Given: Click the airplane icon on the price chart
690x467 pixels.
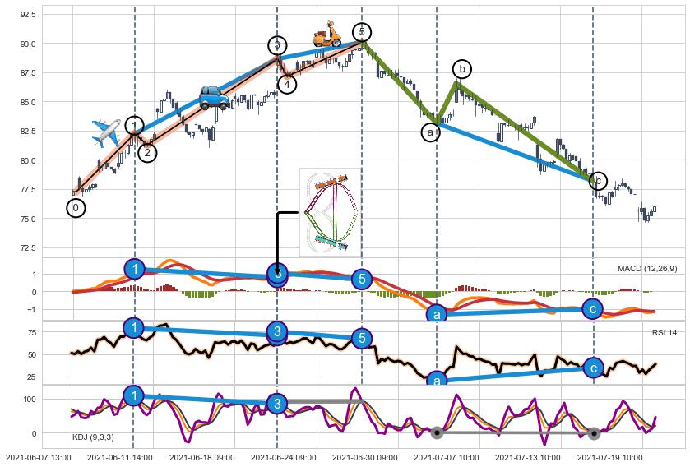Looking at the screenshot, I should click(x=106, y=132).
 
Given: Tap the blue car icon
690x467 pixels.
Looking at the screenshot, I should click(x=214, y=97).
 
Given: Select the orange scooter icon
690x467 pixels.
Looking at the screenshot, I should click(x=326, y=35).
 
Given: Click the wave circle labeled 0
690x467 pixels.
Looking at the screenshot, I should click(x=76, y=208).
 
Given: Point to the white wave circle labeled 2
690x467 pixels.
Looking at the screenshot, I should click(x=147, y=152).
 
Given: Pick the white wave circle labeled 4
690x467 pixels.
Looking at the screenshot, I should click(x=287, y=84).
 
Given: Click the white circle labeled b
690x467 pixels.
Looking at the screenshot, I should click(x=463, y=69).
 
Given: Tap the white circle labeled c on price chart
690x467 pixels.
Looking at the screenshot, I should click(x=598, y=180).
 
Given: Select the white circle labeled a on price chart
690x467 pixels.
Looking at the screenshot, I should click(x=431, y=132).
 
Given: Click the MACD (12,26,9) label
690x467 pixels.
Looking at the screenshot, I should click(x=647, y=269).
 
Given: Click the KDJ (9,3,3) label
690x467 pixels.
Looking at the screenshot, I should click(x=93, y=437).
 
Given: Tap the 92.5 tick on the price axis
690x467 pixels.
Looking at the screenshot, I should click(x=51, y=15).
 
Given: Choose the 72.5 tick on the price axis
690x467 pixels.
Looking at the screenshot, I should click(x=51, y=247).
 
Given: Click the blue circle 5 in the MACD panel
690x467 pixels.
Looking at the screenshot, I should click(x=362, y=280).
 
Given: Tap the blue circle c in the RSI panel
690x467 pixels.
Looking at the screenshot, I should click(x=594, y=368).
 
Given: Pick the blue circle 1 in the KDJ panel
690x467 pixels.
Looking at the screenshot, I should click(x=134, y=396).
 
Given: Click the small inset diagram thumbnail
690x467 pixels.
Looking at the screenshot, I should click(x=330, y=212).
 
